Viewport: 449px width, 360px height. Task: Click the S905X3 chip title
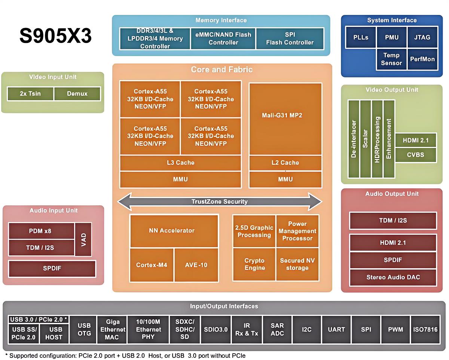point(55,37)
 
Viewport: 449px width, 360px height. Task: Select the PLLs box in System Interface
point(361,37)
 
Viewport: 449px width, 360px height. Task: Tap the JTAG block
point(422,37)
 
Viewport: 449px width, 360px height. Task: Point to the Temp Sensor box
point(391,59)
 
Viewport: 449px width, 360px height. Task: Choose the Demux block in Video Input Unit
point(77,94)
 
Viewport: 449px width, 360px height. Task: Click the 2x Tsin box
point(30,94)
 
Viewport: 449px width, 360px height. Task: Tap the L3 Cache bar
point(180,163)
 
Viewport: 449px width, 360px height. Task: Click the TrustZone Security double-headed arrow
point(220,202)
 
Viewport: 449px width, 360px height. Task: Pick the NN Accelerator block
point(174,231)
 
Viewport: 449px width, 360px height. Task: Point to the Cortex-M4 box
point(152,265)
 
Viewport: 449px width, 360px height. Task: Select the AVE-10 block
point(196,265)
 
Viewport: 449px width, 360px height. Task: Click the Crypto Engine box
point(254,264)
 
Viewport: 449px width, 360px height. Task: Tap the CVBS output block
point(415,154)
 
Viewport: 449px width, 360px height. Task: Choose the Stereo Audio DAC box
point(393,277)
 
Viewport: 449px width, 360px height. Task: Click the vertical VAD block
point(83,239)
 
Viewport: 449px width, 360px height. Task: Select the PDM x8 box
point(40,231)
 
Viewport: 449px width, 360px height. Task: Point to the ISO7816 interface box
point(425,329)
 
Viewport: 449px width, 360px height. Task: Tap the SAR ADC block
point(277,329)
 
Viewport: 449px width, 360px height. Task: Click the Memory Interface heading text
point(221,20)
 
